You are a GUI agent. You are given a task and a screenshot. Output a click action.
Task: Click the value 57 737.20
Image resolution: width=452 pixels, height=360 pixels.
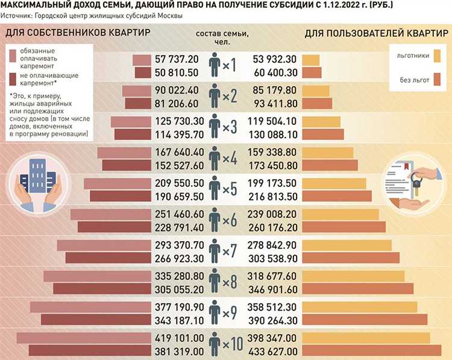click(177, 60)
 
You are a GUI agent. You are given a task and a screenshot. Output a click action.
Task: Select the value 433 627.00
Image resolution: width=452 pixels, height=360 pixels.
click(273, 351)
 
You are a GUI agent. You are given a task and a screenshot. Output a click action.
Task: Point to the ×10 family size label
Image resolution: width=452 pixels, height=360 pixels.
click(232, 344)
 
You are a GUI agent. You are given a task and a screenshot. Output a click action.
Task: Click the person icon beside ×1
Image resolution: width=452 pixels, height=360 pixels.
click(213, 66)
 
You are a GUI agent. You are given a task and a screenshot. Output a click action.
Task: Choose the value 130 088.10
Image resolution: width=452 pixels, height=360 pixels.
click(273, 134)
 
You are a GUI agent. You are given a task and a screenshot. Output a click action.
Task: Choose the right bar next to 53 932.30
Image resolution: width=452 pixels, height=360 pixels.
click(311, 60)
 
